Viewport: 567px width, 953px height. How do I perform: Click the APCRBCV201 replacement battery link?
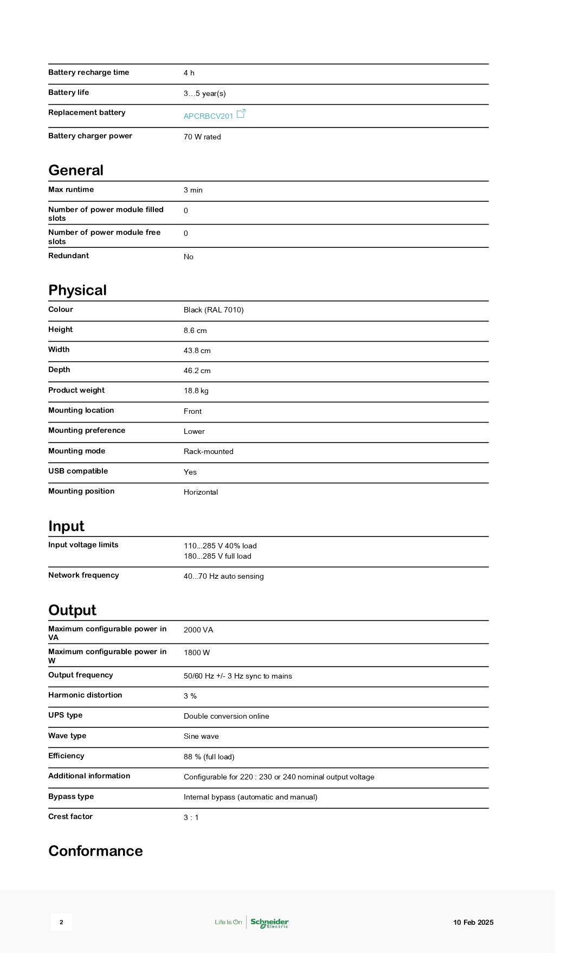point(208,116)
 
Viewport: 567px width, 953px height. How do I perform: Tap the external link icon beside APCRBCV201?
point(241,113)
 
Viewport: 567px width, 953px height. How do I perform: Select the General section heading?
point(76,170)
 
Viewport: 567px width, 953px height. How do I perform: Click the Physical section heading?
point(78,290)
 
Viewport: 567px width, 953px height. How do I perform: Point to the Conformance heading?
point(95,850)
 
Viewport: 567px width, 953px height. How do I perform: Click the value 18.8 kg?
point(196,391)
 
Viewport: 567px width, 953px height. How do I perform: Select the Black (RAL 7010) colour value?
point(214,310)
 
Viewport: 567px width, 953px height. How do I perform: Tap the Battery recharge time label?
point(88,72)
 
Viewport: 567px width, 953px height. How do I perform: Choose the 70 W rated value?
point(202,137)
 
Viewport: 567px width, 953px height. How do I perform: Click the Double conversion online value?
point(226,716)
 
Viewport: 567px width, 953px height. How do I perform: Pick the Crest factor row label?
point(70,816)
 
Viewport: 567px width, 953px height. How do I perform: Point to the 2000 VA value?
point(198,630)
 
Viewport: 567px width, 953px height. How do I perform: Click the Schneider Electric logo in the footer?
point(269,922)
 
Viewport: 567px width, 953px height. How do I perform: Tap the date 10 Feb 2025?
point(473,922)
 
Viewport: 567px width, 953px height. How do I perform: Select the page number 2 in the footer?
point(61,922)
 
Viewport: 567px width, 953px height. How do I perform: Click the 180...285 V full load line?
point(217,556)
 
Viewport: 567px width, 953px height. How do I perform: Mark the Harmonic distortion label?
point(85,695)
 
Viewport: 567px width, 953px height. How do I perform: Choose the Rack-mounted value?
point(208,451)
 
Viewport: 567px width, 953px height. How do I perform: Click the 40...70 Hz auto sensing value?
point(223,576)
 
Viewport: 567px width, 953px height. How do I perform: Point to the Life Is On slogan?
point(228,922)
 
